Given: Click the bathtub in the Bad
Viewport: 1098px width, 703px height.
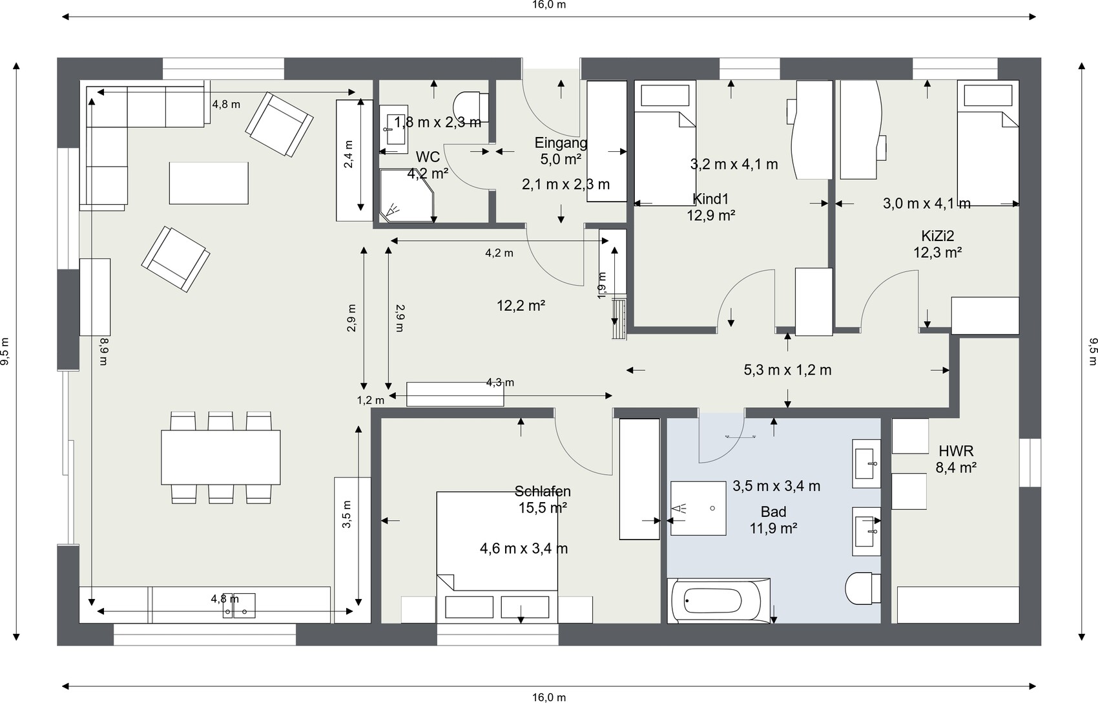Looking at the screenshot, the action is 719,601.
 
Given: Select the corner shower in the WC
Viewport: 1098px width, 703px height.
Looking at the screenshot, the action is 408,196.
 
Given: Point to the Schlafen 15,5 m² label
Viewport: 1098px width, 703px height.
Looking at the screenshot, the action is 543,499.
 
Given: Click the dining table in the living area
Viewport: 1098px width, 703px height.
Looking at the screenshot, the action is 221,457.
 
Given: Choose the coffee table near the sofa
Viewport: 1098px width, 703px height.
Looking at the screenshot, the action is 209,184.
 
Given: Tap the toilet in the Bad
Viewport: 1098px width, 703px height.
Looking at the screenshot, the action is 863,588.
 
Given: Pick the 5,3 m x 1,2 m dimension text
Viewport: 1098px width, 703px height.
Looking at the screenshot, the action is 788,370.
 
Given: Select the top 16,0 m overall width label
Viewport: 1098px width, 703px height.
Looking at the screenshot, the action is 549,5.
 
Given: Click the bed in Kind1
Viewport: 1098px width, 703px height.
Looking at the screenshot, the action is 665,143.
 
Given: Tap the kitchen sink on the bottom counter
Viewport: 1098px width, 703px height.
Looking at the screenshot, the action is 239,605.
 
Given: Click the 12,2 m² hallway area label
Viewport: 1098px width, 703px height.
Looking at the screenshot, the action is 521,306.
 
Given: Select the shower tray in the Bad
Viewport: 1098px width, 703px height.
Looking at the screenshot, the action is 698,509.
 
